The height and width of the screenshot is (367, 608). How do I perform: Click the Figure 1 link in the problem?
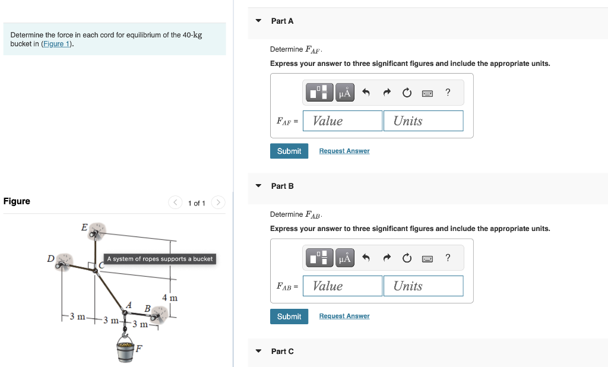click(56, 44)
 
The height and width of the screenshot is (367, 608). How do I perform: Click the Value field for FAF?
click(343, 121)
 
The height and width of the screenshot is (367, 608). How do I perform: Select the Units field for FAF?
click(423, 121)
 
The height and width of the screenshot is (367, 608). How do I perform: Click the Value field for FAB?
click(343, 286)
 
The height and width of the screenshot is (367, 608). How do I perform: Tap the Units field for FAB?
click(423, 286)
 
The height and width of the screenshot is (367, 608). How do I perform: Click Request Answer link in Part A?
click(344, 151)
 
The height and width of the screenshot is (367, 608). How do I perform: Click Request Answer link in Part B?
click(344, 316)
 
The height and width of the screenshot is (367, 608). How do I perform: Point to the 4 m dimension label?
click(170, 297)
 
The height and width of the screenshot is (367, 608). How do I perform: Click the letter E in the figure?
click(84, 227)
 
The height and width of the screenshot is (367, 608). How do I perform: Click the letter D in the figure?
click(51, 258)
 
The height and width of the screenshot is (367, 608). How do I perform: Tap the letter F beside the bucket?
click(139, 348)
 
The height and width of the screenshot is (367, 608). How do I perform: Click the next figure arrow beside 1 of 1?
click(218, 203)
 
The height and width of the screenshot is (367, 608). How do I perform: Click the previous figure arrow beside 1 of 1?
click(176, 203)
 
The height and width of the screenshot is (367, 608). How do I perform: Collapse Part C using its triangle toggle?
click(258, 351)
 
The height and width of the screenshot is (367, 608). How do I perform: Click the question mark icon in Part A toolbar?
click(448, 92)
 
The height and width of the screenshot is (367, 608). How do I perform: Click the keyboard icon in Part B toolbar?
click(427, 258)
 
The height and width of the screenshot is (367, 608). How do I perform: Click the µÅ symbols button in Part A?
click(344, 93)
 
